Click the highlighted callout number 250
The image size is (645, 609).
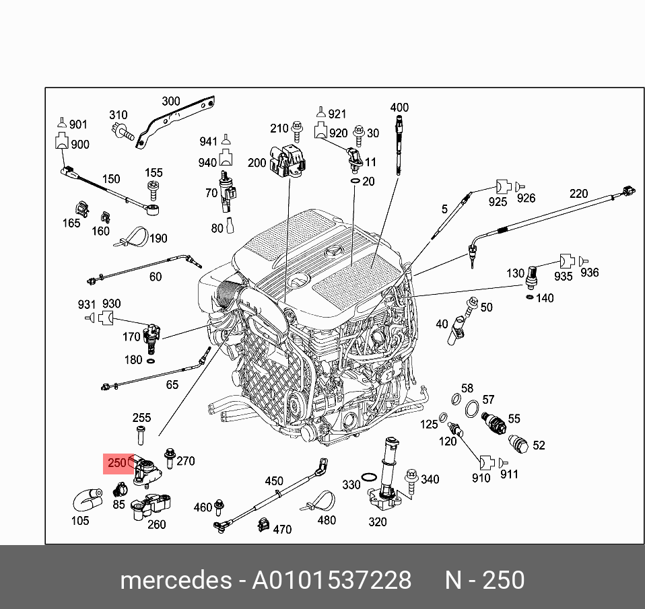[117, 463]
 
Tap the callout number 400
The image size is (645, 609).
[399, 107]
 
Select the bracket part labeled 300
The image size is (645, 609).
[176, 120]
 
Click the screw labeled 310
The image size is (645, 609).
[123, 133]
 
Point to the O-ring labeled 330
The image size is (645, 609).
[369, 477]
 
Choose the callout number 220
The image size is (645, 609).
[579, 193]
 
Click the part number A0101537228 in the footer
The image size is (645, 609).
[331, 580]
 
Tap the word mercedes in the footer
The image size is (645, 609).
[176, 580]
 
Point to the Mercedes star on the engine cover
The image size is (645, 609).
[332, 252]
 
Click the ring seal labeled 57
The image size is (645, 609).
[472, 408]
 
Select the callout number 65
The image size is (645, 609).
[172, 384]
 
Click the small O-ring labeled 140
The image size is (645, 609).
[531, 297]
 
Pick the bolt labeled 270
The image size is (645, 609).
[170, 458]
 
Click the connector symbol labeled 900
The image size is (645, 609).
[61, 141]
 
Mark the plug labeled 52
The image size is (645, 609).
[518, 443]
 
